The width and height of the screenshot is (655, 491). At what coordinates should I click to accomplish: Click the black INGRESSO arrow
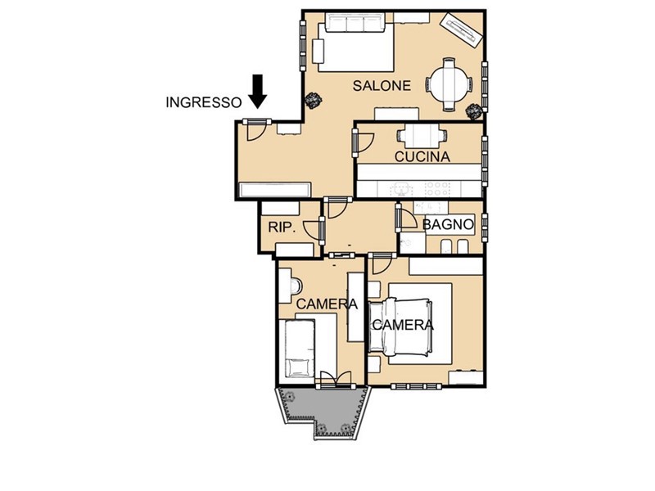tap(257, 92)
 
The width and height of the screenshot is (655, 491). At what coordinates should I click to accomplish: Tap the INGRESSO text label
tap(204, 103)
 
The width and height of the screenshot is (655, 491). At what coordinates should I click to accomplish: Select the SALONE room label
tap(382, 86)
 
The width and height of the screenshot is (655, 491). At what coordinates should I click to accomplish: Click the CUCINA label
tap(422, 157)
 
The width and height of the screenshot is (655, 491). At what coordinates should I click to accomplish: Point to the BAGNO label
tap(448, 224)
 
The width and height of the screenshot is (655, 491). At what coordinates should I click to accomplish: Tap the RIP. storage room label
tap(282, 227)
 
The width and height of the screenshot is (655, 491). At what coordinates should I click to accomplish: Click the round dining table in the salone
tap(449, 85)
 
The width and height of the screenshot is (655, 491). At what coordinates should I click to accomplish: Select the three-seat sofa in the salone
tap(355, 22)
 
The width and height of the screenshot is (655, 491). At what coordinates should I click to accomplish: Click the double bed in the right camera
tap(400, 325)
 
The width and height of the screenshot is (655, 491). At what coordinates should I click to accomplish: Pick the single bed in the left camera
tap(300, 349)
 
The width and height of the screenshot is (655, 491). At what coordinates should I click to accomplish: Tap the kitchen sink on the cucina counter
tap(401, 189)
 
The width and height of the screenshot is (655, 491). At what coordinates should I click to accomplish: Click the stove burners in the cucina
tap(437, 189)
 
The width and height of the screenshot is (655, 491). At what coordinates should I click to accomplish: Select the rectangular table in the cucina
tap(422, 136)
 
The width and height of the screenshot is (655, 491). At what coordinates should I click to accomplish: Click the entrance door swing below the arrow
tap(256, 132)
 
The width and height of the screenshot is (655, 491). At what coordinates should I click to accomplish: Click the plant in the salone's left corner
tap(314, 100)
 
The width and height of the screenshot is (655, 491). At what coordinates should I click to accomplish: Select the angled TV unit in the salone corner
tap(462, 30)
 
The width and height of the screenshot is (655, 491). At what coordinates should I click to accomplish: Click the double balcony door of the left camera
tap(336, 378)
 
